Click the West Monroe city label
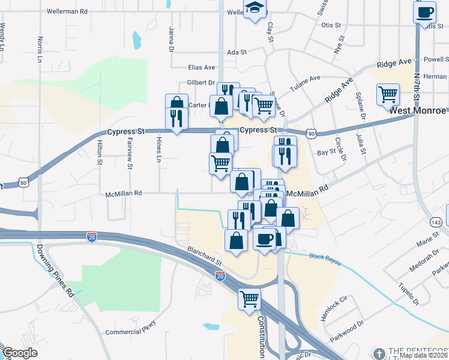pyautogui.click(x=418, y=112)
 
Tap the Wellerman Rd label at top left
pyautogui.click(x=67, y=11)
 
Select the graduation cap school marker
pyautogui.click(x=255, y=9)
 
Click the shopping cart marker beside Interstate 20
pyautogui.click(x=249, y=298)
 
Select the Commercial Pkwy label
pyautogui.click(x=130, y=331)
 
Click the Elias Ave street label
pyautogui.click(x=202, y=67)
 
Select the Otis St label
pyautogui.click(x=331, y=25)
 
